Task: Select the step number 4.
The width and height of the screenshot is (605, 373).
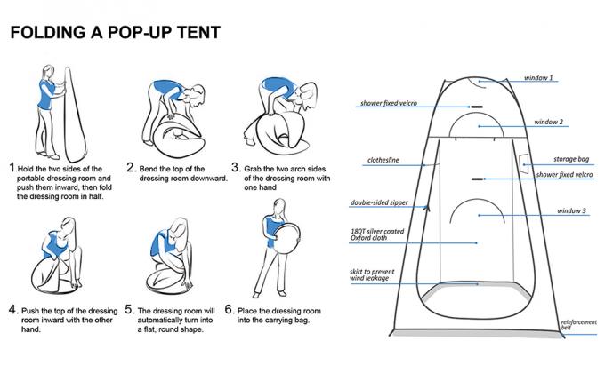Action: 13,310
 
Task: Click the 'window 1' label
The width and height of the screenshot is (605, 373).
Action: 537,78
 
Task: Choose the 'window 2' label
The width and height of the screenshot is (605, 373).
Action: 550,121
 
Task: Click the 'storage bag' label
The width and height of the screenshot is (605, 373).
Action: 571,159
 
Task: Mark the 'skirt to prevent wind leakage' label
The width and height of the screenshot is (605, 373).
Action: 376,274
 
